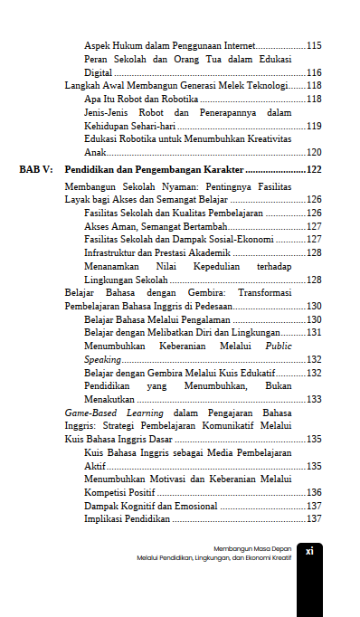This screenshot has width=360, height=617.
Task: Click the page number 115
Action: tap(315, 45)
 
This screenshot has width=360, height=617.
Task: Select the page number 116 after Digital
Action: tap(315, 72)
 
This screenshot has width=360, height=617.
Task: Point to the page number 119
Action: tap(315, 127)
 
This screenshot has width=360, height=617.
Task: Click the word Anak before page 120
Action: tap(95, 153)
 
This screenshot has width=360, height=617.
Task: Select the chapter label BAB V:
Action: tap(37, 170)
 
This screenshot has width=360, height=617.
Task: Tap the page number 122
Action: tap(315, 170)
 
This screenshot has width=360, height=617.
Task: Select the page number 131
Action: tap(315, 333)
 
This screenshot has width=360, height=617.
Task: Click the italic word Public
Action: tap(278, 346)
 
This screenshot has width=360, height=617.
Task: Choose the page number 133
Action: tap(315, 399)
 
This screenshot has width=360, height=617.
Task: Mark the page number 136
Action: tap(315, 492)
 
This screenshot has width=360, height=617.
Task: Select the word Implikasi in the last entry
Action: tap(105, 519)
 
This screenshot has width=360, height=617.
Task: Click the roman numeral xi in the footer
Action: tap(309, 550)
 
